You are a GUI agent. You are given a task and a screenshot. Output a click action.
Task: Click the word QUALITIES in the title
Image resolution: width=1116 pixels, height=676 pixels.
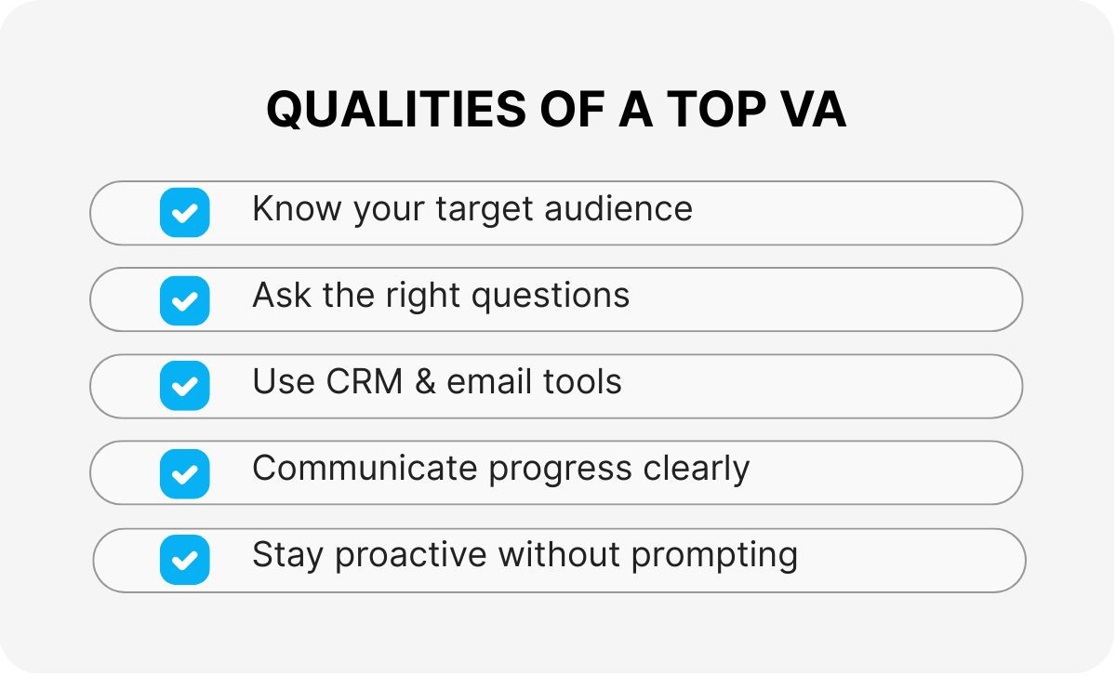(x=396, y=109)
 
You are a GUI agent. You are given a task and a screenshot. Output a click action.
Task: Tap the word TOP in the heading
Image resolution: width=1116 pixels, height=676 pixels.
(x=716, y=109)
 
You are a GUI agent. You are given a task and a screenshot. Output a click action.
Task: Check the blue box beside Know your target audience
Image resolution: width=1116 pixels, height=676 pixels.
(x=185, y=212)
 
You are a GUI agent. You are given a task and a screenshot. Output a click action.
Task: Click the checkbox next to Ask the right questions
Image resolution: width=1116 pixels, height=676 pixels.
(x=185, y=300)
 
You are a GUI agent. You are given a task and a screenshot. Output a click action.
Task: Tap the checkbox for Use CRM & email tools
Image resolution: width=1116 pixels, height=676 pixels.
(x=185, y=386)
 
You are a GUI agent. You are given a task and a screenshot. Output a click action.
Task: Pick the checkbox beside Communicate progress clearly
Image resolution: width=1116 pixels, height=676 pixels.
(x=185, y=473)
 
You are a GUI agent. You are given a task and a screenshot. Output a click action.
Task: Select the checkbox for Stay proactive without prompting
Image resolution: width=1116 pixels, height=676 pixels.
(x=185, y=560)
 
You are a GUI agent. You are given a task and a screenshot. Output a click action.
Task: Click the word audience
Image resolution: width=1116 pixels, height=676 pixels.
(x=618, y=207)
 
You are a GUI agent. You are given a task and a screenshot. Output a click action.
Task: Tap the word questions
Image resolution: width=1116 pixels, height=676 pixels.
(x=551, y=297)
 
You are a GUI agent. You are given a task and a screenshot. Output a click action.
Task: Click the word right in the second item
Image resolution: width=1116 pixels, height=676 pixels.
(x=422, y=297)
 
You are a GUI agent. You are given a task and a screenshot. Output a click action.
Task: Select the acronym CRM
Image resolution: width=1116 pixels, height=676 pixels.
(x=365, y=381)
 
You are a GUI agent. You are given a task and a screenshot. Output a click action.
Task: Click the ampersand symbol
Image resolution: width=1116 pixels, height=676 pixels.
(x=425, y=381)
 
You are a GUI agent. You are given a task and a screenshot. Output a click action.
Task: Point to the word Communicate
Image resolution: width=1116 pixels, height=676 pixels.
(x=365, y=468)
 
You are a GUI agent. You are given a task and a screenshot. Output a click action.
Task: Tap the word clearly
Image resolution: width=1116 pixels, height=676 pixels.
(x=696, y=470)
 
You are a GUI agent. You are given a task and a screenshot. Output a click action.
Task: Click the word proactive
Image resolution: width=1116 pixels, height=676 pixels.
(x=410, y=555)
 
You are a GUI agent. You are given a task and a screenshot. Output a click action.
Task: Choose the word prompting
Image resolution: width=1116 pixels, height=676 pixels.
(x=714, y=555)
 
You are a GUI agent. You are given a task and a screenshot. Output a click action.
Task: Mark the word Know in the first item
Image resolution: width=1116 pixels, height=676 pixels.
(x=297, y=207)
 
